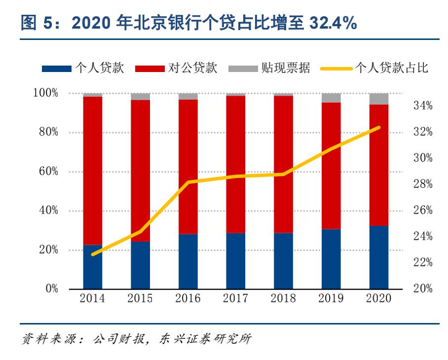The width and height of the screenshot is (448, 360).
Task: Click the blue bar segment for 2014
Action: (x=92, y=267)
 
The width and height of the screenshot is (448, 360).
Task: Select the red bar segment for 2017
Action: (x=235, y=164)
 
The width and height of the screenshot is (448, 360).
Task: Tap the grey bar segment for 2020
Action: (x=379, y=99)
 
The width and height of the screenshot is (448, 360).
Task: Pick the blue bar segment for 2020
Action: (x=379, y=257)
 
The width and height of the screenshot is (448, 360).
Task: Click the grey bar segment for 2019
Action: (x=331, y=98)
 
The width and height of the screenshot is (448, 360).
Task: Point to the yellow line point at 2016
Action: (x=188, y=182)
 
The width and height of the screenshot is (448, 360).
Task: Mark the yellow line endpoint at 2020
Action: (x=379, y=127)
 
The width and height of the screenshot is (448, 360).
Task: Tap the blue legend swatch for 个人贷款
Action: (x=57, y=69)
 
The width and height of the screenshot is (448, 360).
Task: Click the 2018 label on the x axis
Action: (x=283, y=298)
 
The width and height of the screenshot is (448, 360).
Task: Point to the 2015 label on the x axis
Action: (x=140, y=298)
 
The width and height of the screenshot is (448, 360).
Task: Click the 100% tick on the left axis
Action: (x=46, y=93)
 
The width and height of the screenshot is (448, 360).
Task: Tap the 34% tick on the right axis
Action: (x=422, y=106)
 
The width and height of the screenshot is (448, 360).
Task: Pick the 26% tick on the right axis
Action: (x=422, y=210)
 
